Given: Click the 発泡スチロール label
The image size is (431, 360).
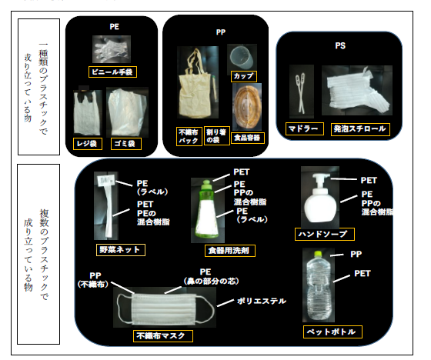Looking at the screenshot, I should pos(359,128).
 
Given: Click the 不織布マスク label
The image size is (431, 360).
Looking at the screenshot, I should pos(162,336).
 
